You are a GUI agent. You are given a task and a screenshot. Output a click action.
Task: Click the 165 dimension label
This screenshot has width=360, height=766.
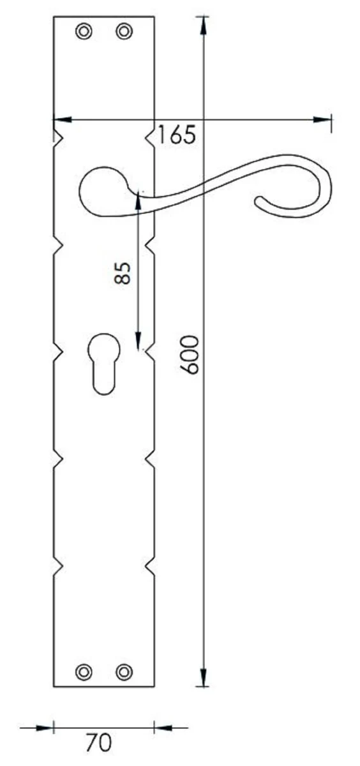177,135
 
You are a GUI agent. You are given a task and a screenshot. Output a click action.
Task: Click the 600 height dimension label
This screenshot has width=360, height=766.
190,355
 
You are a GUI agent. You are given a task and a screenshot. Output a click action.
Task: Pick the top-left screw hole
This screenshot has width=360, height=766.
83,31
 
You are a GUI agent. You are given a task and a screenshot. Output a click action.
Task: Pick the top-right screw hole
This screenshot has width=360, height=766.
124,31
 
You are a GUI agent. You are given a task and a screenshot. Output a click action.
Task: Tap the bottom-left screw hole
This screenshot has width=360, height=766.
83,671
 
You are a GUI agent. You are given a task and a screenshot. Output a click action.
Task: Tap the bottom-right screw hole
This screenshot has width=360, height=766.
124,671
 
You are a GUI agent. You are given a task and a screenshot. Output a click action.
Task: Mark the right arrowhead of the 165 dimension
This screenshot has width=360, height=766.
322,119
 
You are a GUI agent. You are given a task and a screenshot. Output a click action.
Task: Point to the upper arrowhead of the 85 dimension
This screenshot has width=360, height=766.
137,199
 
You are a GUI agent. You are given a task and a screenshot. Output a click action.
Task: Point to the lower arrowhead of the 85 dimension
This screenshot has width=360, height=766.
137,342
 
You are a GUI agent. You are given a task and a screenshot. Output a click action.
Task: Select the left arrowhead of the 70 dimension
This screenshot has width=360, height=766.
44,726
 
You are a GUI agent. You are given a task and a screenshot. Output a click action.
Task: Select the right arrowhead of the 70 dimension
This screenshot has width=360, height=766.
163,726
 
